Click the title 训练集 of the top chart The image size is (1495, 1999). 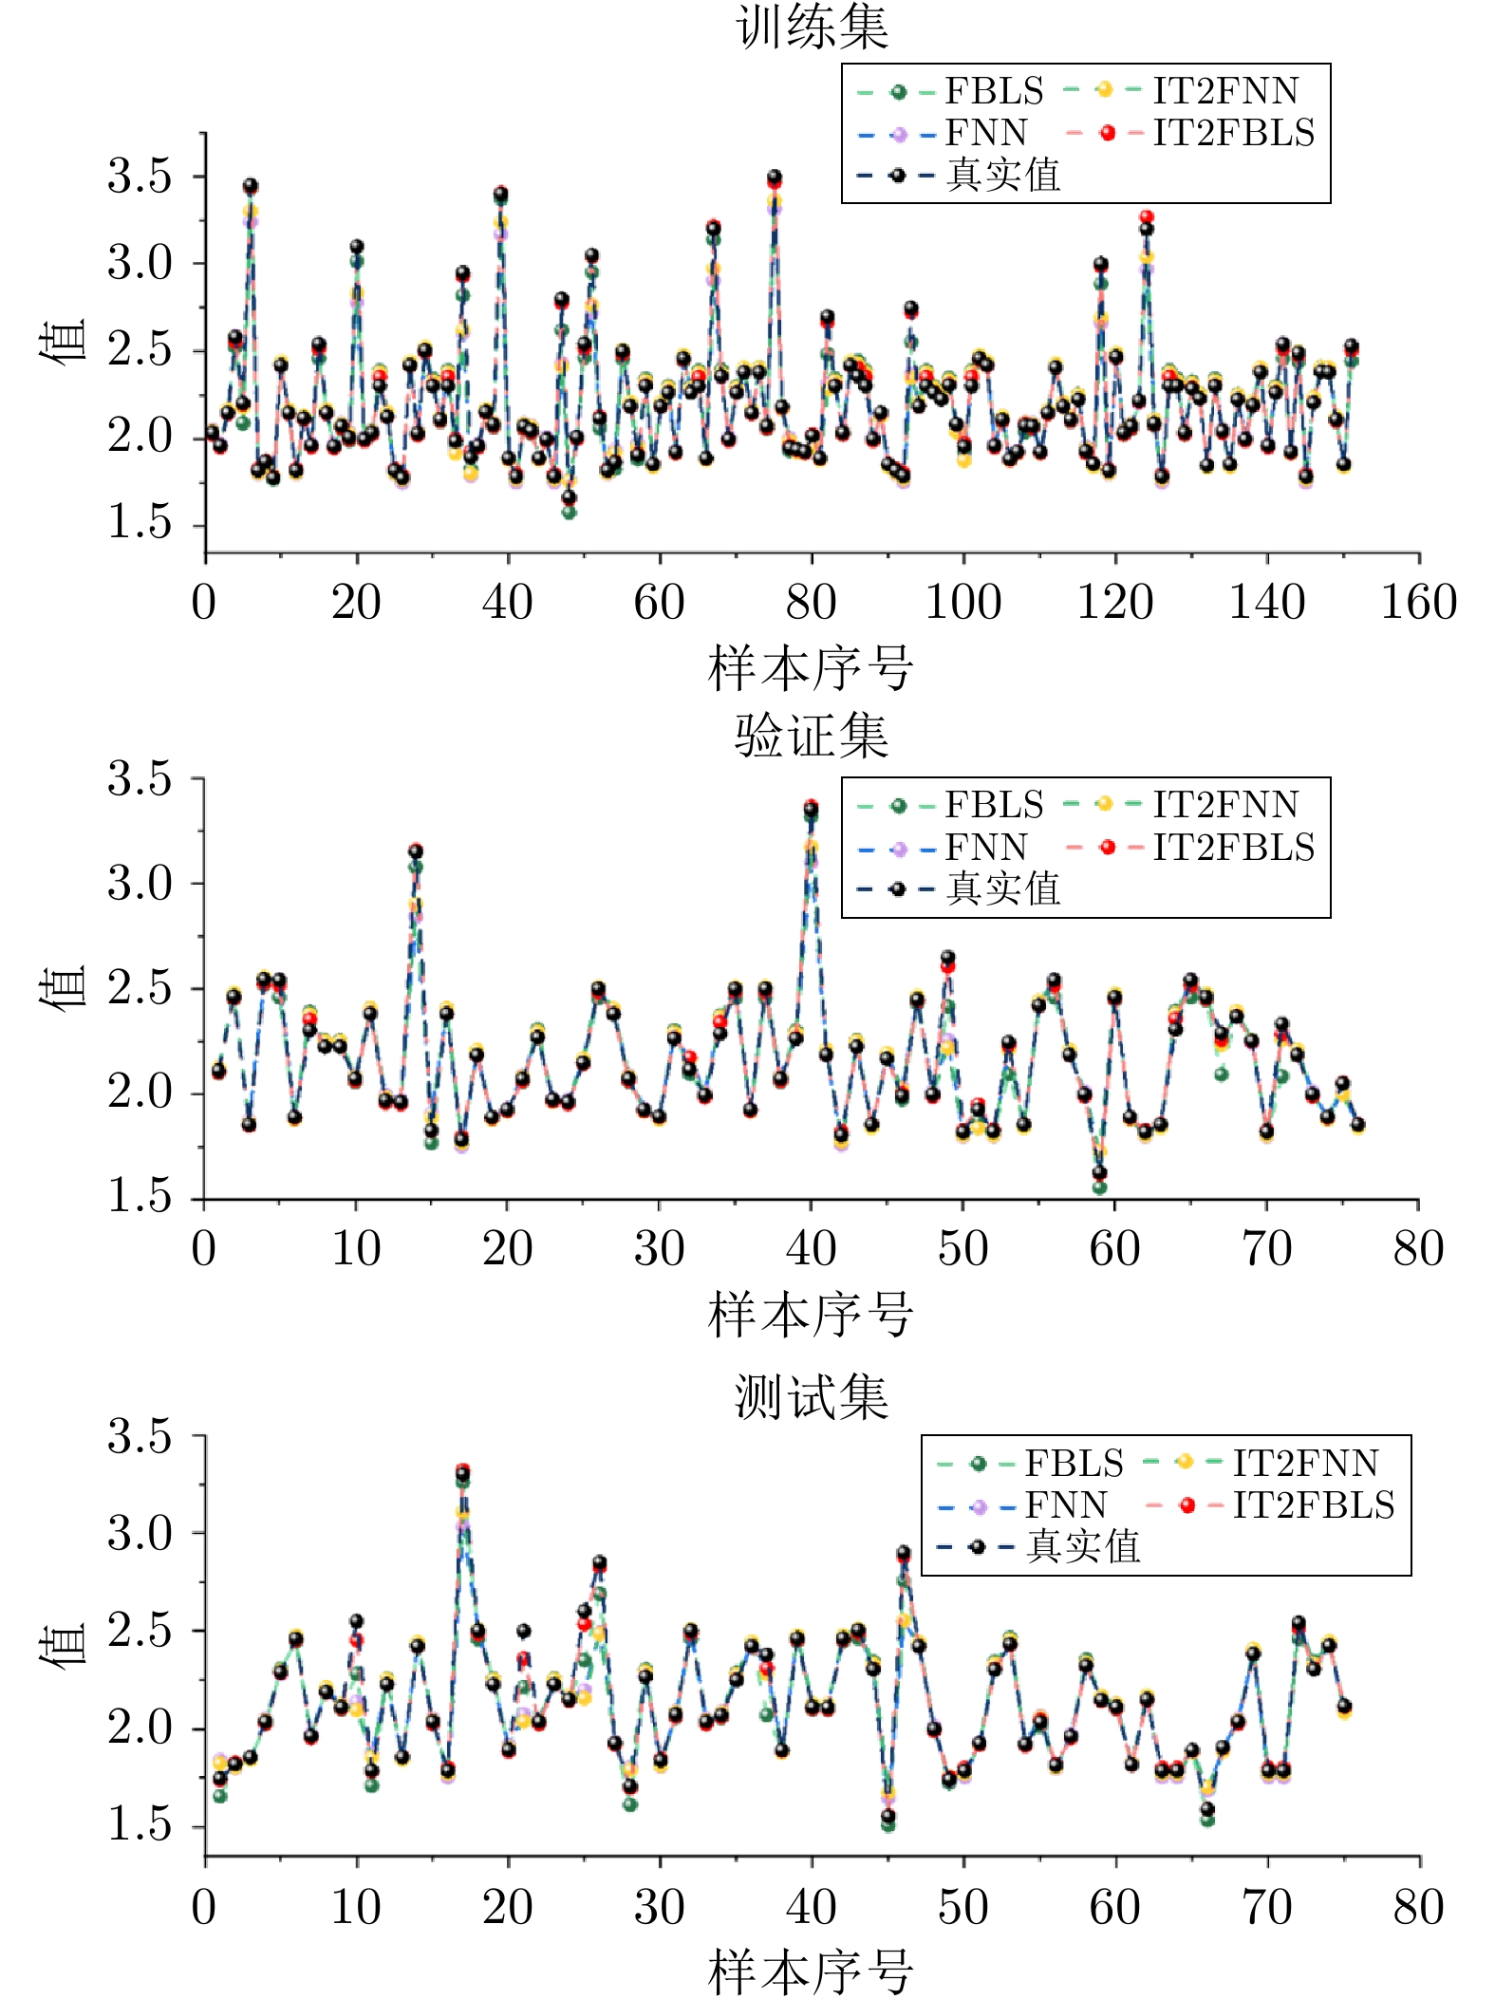[x=812, y=27]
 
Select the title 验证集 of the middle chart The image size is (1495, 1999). [x=812, y=736]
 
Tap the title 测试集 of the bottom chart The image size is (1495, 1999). [x=812, y=1397]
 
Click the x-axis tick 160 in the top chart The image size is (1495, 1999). [x=1418, y=603]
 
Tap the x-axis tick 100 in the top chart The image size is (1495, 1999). [x=962, y=603]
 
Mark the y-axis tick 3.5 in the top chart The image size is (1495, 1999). [x=139, y=177]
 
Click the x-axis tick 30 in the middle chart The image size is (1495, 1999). [x=659, y=1249]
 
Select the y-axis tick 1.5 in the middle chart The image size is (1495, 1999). [x=139, y=1198]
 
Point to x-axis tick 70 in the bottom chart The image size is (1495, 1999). [x=1266, y=1908]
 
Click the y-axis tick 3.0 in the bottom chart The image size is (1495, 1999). [x=139, y=1533]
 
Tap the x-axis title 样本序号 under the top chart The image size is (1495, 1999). [x=812, y=669]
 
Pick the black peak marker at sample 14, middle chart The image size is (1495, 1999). [x=416, y=851]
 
